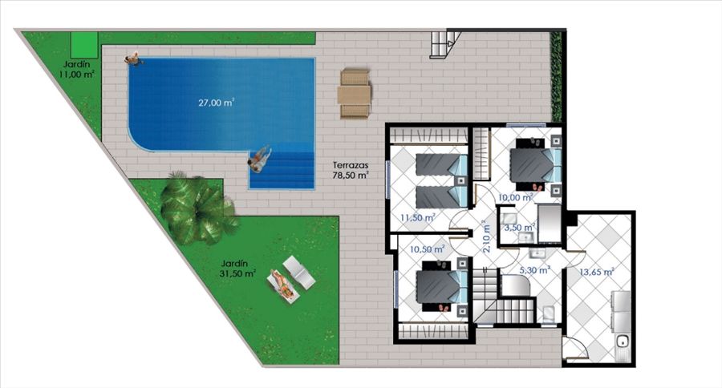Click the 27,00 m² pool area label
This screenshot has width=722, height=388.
(216, 102)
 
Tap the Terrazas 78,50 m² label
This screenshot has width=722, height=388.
(351, 170)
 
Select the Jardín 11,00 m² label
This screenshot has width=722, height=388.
(77, 69)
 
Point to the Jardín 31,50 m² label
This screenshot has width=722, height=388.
(237, 269)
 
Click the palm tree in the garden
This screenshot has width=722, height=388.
(198, 208)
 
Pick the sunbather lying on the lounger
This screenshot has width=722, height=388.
(282, 285)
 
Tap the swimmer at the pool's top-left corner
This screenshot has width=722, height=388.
(132, 59)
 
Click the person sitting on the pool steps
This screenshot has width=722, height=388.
(259, 159)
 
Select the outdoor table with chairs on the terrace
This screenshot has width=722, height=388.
(354, 94)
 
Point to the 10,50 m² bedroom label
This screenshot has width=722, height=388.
(427, 249)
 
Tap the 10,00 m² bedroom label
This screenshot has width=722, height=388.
(515, 197)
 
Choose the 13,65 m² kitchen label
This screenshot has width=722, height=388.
(596, 272)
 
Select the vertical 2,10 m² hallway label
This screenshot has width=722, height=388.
(486, 236)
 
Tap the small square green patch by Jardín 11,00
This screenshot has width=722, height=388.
(84, 45)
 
